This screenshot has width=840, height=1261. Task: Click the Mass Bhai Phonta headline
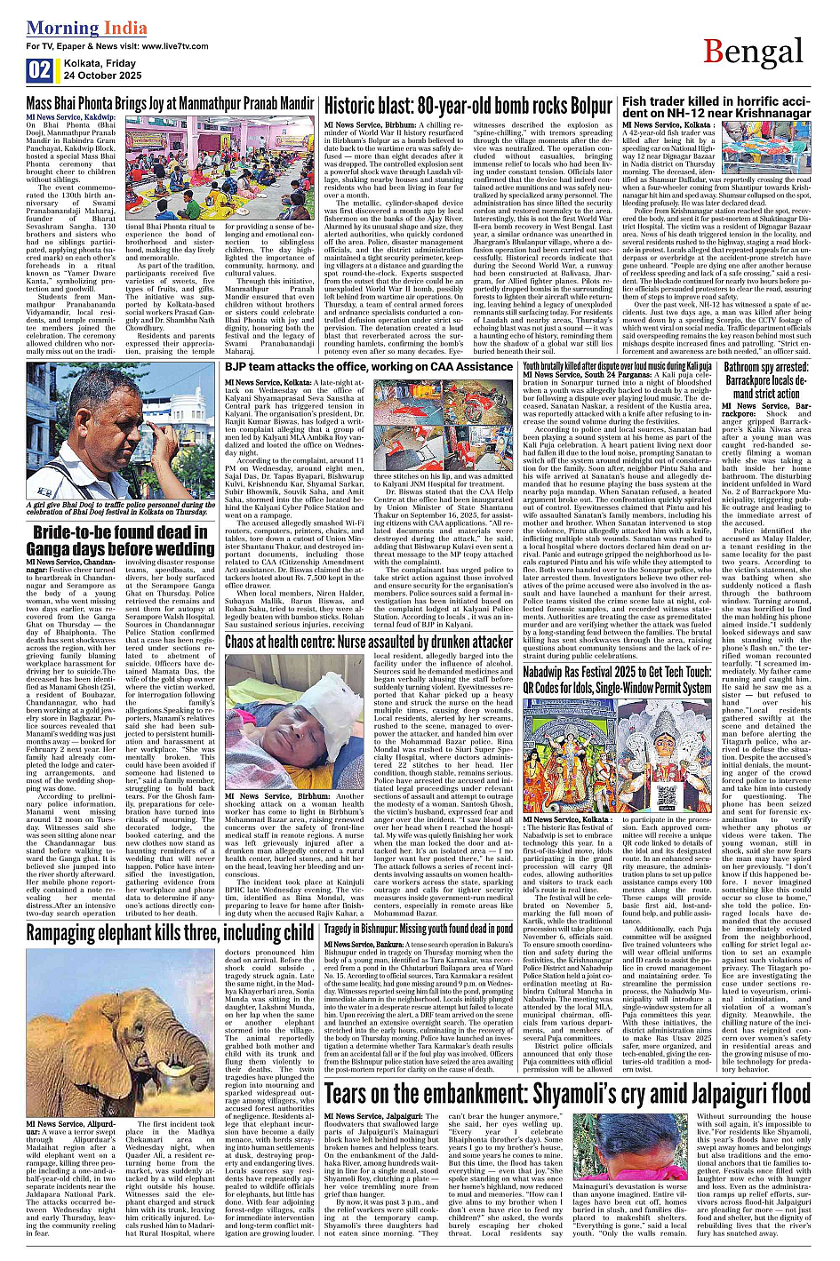point(170,104)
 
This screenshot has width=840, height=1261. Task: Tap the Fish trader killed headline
point(716,108)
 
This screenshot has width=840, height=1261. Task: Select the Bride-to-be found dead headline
point(120,540)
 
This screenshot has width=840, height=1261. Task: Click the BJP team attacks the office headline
point(369,366)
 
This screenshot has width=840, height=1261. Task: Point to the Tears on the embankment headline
point(567,1093)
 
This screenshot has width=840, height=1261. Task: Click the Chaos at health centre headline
point(369,641)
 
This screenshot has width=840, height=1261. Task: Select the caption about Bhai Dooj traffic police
point(120,508)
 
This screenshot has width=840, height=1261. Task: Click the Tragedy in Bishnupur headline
point(418,929)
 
